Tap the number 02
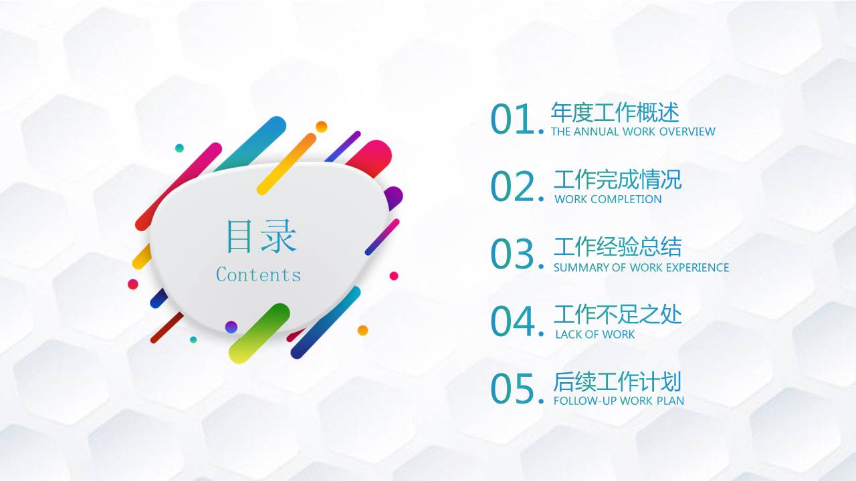point(512,187)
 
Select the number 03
point(512,255)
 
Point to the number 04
point(512,322)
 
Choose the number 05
point(512,389)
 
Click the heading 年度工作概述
point(615,112)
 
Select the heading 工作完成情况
point(617,179)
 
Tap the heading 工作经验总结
point(617,247)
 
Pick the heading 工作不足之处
point(617,314)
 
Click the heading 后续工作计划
point(617,381)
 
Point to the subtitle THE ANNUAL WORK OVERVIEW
point(633,132)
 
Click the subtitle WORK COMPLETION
point(608,199)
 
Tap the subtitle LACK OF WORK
point(595,334)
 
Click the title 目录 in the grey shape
point(260,236)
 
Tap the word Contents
point(258,275)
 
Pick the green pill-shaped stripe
point(259,333)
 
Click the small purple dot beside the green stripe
point(231,327)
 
